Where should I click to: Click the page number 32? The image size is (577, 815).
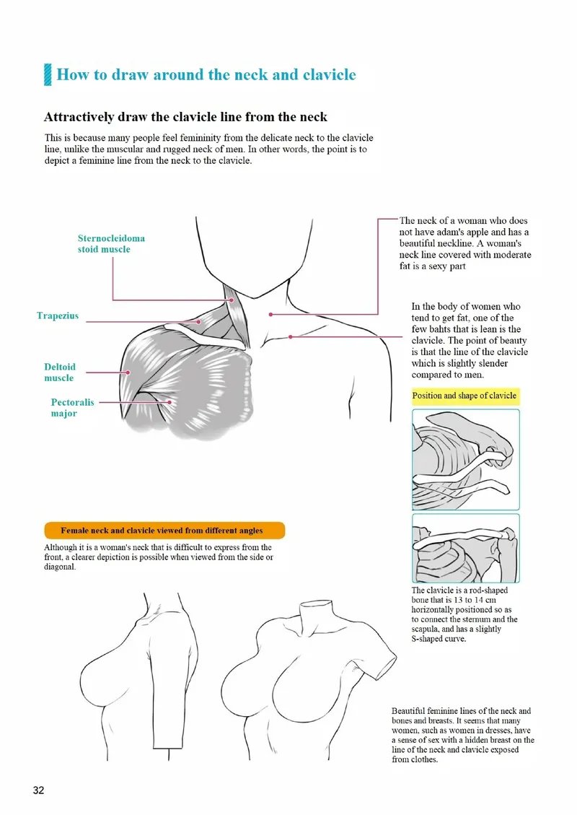(x=38, y=790)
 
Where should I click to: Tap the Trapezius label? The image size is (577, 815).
(x=58, y=315)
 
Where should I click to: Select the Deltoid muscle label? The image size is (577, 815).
(x=59, y=372)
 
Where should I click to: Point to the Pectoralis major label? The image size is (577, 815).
(x=72, y=408)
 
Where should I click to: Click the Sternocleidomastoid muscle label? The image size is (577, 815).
(x=111, y=243)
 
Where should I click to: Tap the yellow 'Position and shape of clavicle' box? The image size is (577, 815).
(x=464, y=396)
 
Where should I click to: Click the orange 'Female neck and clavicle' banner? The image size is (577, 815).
(x=164, y=531)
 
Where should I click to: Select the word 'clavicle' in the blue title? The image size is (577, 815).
(x=330, y=74)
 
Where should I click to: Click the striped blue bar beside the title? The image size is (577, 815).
(x=48, y=74)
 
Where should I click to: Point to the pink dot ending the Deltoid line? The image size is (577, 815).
(x=128, y=372)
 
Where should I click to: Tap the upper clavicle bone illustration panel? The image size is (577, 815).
(x=465, y=460)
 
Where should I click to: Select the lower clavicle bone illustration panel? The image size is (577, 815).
(x=465, y=548)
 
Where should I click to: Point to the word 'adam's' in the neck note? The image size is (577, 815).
(x=466, y=232)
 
